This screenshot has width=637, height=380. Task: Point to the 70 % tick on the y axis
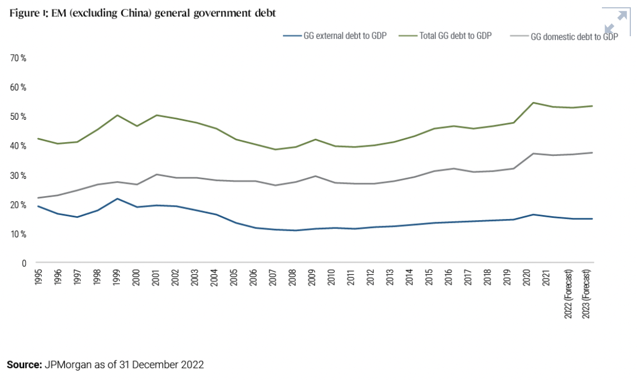[19, 58]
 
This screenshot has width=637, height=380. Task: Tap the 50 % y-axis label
[19, 116]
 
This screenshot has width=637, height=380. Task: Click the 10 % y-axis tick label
[19, 234]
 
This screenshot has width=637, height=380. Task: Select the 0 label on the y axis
[24, 263]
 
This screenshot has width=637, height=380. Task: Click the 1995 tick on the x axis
[38, 277]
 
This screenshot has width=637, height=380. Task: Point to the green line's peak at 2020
[533, 103]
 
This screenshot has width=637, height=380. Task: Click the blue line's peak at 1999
[117, 198]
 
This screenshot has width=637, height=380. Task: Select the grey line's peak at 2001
[156, 174]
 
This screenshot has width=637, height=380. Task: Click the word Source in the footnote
[24, 365]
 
